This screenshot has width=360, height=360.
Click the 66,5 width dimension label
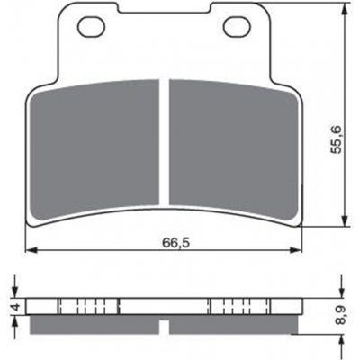click(x=176, y=243)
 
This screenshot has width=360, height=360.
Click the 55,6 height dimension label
click(x=337, y=139)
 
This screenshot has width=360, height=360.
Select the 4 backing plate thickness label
click(x=16, y=306)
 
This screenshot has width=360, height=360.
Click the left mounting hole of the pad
click(x=91, y=27)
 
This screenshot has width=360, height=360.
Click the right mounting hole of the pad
click(x=238, y=27)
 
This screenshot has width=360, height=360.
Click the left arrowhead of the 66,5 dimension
click(x=31, y=250)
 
